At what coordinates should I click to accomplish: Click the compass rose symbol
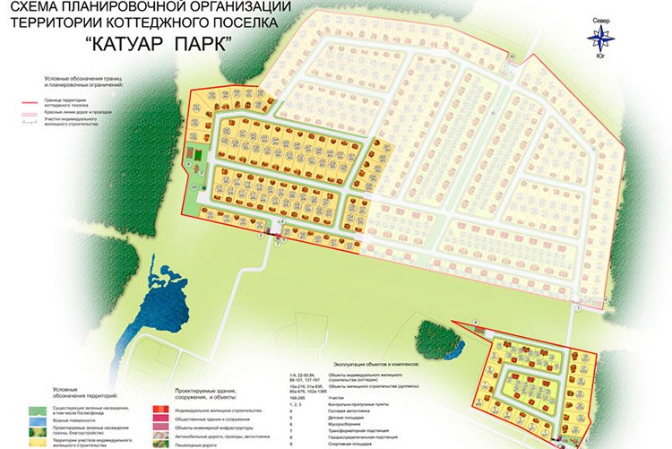(x=601, y=38)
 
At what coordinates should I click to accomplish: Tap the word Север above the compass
(x=601, y=19)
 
